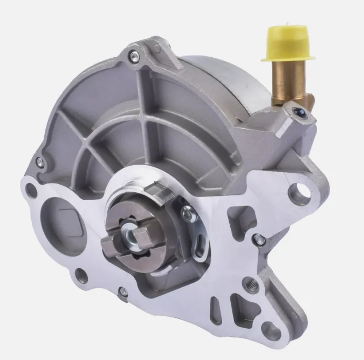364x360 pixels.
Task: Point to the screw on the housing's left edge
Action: tap(39, 161)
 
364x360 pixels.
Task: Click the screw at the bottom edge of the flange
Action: tap(124, 291)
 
